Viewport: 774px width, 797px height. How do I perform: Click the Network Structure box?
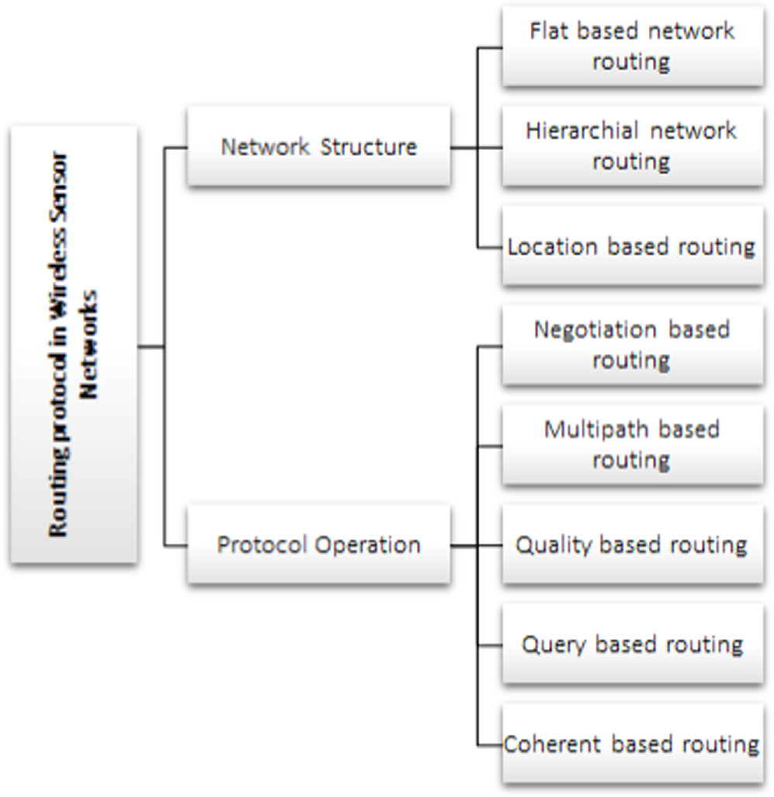[318, 146]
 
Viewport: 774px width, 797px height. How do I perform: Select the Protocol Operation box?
[318, 545]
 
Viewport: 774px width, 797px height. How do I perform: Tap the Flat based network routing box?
[632, 46]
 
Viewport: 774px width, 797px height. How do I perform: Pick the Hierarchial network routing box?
[632, 145]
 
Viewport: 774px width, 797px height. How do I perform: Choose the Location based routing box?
[632, 246]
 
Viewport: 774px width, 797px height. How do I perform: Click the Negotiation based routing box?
[632, 345]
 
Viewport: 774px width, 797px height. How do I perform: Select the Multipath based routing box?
[632, 444]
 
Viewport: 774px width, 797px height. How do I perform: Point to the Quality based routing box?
[632, 545]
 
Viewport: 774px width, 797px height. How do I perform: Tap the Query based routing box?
[632, 644]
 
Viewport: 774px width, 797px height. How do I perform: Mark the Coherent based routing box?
[632, 743]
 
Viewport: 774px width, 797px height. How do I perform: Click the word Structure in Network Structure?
[370, 146]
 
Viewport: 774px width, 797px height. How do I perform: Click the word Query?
[551, 645]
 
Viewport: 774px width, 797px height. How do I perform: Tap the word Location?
[554, 247]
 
